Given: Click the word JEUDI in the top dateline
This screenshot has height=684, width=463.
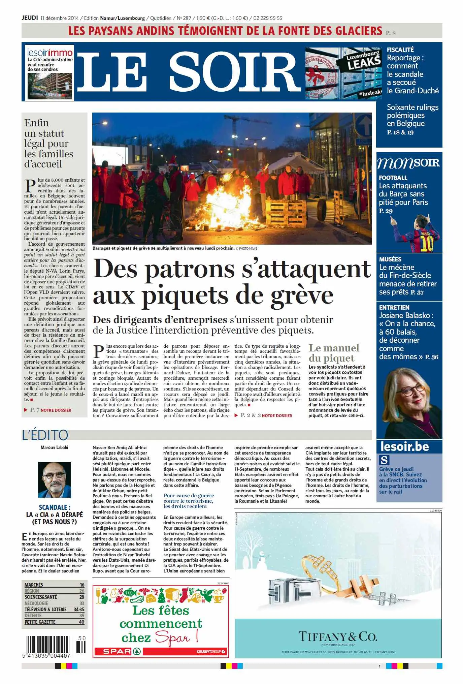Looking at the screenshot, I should pyautogui.click(x=30, y=18).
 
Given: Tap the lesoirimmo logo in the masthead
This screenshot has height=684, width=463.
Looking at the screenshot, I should pyautogui.click(x=50, y=53).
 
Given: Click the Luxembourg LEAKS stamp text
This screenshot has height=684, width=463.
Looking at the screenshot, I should pyautogui.click(x=363, y=61).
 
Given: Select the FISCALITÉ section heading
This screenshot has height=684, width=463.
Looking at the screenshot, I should pyautogui.click(x=400, y=50).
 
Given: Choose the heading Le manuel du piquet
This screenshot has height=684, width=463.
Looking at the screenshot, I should pyautogui.click(x=333, y=353).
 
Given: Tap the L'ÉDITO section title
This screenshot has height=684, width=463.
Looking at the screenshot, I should pyautogui.click(x=45, y=435).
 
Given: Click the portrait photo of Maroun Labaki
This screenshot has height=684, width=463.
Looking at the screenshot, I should pyautogui.click(x=54, y=480).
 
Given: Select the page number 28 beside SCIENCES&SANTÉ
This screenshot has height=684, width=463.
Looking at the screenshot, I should pyautogui.click(x=81, y=597).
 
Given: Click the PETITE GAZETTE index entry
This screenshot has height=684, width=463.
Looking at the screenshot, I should pyautogui.click(x=40, y=622).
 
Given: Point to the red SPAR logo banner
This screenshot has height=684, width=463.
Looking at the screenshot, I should pyautogui.click(x=117, y=651).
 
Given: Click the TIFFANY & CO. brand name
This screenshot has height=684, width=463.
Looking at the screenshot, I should pyautogui.click(x=338, y=636).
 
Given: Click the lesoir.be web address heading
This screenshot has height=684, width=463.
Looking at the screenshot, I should pyautogui.click(x=404, y=447).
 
